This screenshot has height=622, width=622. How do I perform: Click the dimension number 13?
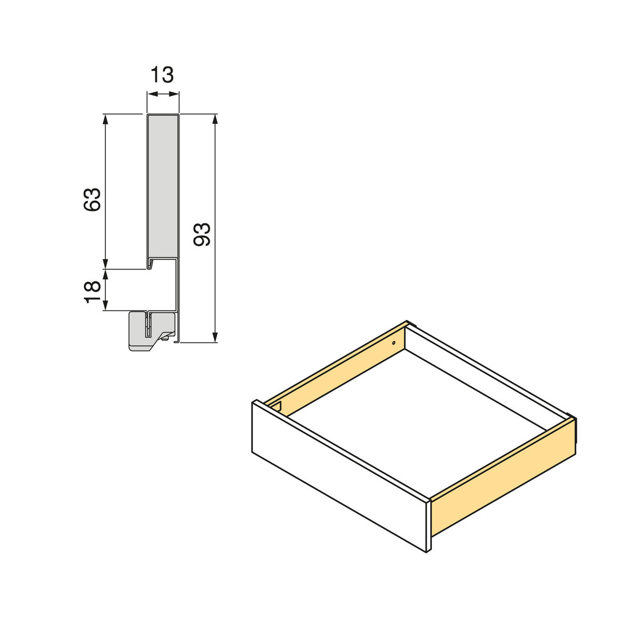click(162, 75)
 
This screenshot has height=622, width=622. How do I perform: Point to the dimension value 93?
click(202, 234)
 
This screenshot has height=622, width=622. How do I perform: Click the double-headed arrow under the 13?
click(163, 94)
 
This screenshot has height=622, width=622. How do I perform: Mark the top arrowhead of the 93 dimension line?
click(215, 119)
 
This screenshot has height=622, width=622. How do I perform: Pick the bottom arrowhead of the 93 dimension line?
click(215, 337)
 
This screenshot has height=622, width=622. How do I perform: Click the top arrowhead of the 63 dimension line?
click(106, 119)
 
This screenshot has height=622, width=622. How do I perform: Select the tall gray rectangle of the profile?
click(163, 187)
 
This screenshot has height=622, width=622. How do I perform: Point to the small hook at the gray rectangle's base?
click(150, 264)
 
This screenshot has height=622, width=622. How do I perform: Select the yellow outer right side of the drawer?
click(503, 477)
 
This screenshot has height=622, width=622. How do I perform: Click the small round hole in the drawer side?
click(393, 343)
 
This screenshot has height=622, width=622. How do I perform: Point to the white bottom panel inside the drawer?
click(415, 415)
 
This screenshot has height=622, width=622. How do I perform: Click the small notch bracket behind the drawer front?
click(277, 406)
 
